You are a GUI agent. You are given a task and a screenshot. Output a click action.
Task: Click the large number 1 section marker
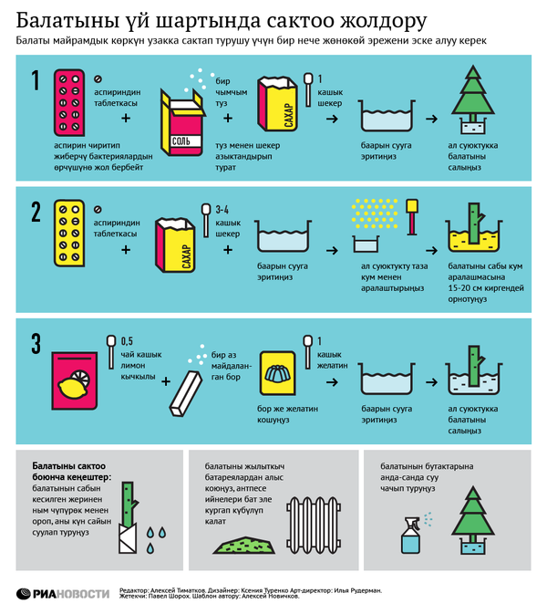click(36, 80)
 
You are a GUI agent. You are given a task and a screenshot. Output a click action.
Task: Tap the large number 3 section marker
click(36, 344)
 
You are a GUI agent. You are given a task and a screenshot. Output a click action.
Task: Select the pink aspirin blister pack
click(69, 102)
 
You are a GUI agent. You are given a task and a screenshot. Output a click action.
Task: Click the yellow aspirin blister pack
click(69, 234)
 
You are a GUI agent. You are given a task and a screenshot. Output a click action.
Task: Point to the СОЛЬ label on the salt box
click(181, 141)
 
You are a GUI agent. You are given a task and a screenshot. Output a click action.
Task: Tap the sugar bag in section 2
click(175, 245)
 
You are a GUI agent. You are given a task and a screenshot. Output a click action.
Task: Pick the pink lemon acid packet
click(75, 380)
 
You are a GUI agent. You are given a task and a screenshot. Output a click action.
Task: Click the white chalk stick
click(186, 393)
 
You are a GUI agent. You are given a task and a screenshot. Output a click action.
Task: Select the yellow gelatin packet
click(278, 373)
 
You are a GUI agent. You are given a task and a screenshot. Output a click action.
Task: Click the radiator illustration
click(314, 525)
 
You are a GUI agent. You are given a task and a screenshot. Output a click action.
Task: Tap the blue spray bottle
click(411, 536)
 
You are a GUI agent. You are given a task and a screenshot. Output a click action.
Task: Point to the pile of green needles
click(244, 546)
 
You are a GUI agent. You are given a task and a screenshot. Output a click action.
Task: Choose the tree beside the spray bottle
click(473, 520)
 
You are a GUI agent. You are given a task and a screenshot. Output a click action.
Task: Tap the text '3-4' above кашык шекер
click(222, 210)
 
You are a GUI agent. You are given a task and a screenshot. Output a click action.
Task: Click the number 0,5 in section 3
click(127, 341)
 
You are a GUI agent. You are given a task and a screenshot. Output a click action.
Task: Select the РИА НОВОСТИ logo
click(63, 594)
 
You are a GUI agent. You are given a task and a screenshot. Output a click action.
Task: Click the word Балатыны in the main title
click(67, 21)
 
